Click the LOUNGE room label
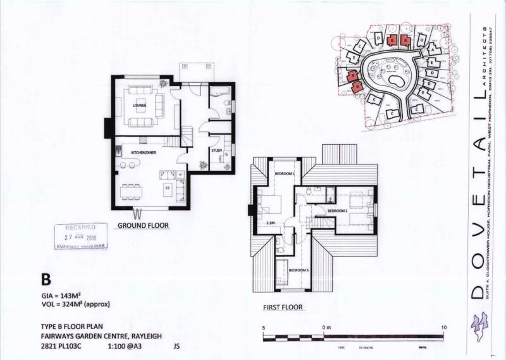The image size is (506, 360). pos(139,105)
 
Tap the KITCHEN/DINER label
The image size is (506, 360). pos(144,153)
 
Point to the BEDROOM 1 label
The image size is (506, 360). pos(285,173)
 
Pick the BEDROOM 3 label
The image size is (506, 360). pos(299,270)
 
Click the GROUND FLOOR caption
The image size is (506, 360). pos(142,225)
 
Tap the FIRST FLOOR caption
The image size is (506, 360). pos(283,307)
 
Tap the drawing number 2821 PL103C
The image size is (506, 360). pos(61,346)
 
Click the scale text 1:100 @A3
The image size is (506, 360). pos(126,346)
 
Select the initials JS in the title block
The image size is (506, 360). pos(176,346)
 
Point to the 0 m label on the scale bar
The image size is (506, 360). pos(327,326)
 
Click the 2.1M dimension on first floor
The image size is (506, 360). pos(271,223)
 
